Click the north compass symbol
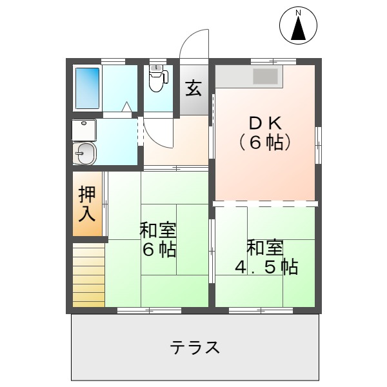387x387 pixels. pyautogui.click(x=299, y=26)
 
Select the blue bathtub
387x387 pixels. pyautogui.click(x=88, y=88)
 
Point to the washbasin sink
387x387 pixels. pyautogui.click(x=85, y=153)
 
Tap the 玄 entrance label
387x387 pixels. pyautogui.click(x=193, y=88)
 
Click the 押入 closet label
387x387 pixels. pyautogui.click(x=87, y=204)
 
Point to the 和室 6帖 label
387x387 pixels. pyautogui.click(x=159, y=239)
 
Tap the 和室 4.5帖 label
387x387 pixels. pyautogui.click(x=265, y=257)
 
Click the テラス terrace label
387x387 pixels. pyautogui.click(x=195, y=348)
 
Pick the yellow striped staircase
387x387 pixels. pyautogui.click(x=88, y=275)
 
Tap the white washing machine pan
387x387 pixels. pyautogui.click(x=84, y=130)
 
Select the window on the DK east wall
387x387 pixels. pyautogui.click(x=317, y=145)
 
